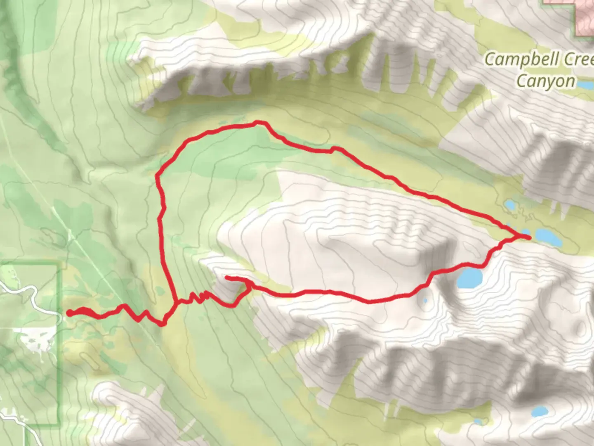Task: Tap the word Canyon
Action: point(545,81)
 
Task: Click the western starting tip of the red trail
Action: point(69,313)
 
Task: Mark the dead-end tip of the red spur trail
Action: point(227,278)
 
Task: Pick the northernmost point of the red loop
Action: point(258,122)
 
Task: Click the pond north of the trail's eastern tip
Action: point(510,205)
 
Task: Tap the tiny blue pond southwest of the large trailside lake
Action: point(425,300)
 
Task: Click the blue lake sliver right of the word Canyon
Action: point(585,85)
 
